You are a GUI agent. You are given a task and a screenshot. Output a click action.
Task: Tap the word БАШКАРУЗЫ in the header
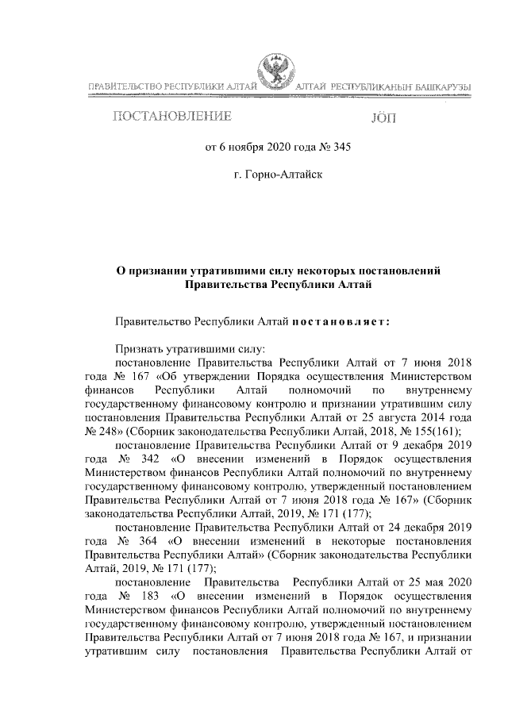pyautogui.click(x=441, y=86)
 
